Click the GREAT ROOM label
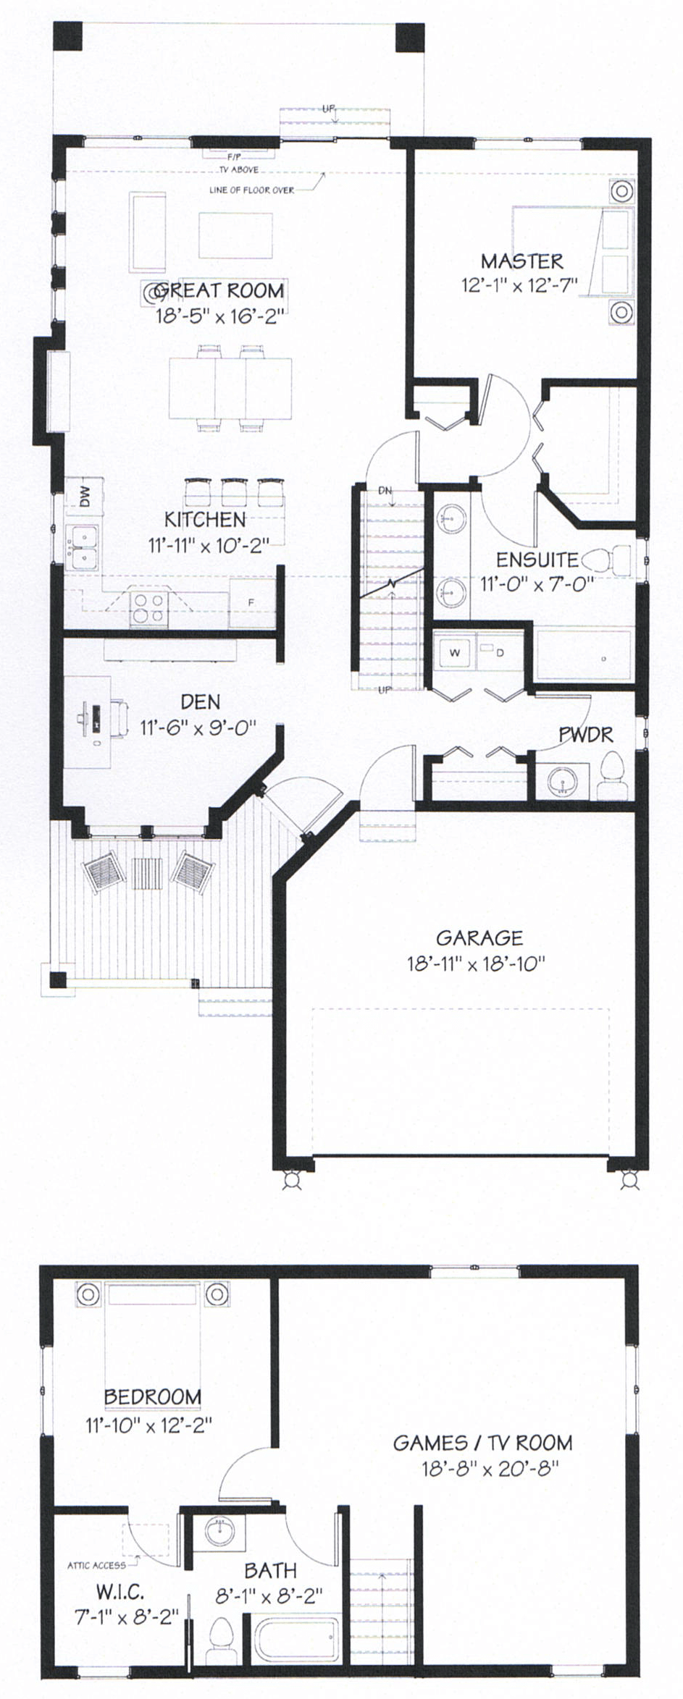click(219, 290)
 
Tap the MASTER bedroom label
click(521, 261)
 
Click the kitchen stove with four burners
click(149, 608)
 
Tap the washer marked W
click(455, 652)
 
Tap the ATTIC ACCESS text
click(96, 1565)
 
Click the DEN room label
click(201, 701)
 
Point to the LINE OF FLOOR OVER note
click(251, 190)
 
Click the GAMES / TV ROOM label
click(482, 1443)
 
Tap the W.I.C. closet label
click(120, 1592)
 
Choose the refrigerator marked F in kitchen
click(251, 602)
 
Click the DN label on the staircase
click(385, 491)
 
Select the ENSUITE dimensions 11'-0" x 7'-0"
click(537, 583)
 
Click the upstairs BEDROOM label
click(152, 1396)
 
